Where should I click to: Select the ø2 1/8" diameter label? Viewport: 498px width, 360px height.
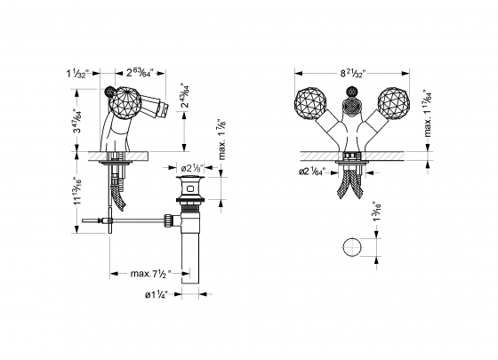[x=193, y=167]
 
